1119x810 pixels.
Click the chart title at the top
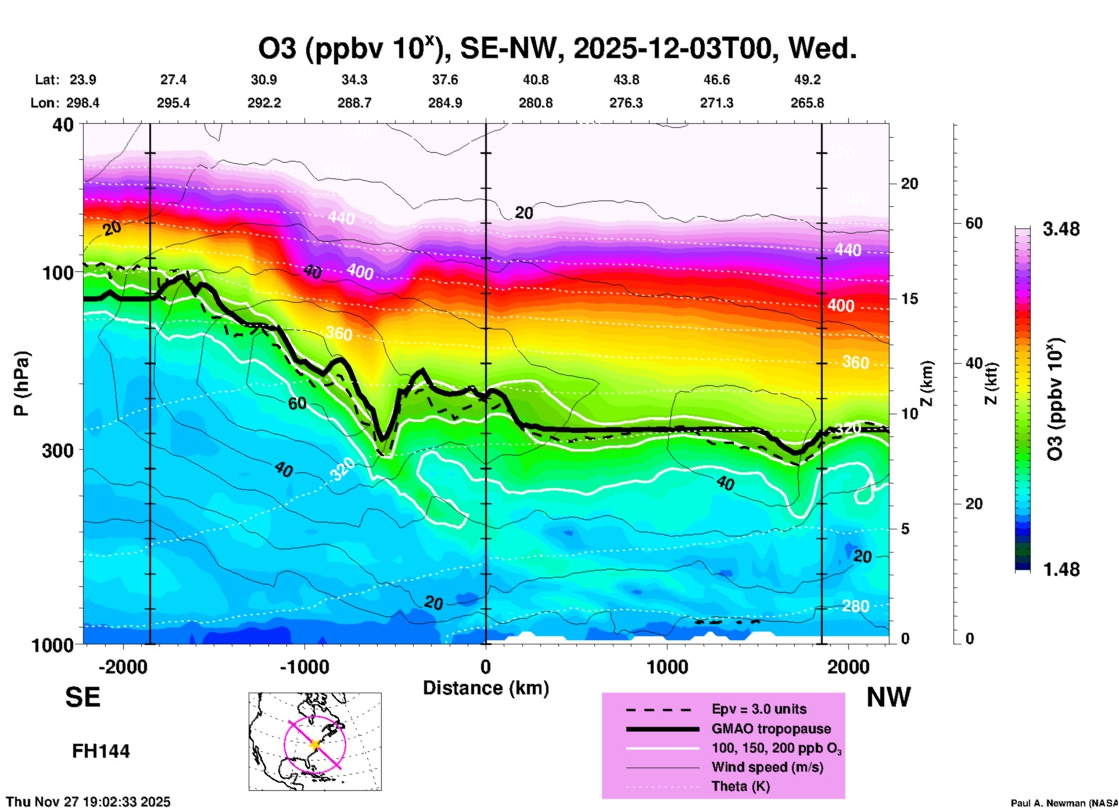557,48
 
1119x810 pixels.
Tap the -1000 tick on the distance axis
304,666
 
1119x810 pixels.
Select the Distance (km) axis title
486,688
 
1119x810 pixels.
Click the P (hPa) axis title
21,384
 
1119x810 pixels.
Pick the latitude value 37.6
445,80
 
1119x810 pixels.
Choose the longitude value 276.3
626,103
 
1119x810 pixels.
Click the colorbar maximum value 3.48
1061,229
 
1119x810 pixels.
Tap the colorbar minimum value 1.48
1061,569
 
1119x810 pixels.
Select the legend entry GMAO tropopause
771,729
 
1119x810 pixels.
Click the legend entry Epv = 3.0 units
759,709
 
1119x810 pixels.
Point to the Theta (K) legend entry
740,786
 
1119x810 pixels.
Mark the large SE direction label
83,697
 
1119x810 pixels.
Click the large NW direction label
888,697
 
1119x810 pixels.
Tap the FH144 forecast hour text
101,751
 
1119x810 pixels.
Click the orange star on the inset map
315,744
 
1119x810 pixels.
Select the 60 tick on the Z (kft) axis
974,223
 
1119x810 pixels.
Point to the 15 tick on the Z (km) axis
909,299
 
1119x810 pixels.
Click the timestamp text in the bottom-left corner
88,802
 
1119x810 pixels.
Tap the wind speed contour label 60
297,403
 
